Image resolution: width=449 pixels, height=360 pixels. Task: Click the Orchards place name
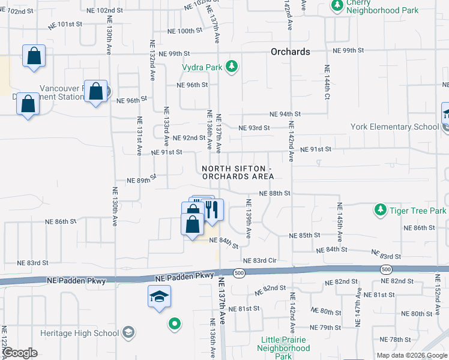[291, 52]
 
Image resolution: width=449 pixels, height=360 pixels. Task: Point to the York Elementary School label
[396, 127]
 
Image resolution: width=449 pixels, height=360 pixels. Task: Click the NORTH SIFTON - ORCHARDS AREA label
[238, 173]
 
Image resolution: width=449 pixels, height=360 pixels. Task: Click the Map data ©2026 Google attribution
[411, 355]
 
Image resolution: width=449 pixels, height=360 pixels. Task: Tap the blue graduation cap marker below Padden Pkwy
[160, 296]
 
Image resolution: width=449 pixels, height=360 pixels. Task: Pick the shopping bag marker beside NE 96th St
[95, 92]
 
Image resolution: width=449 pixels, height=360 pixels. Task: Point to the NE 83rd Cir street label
[259, 260]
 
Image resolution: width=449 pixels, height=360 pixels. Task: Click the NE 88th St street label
[275, 193]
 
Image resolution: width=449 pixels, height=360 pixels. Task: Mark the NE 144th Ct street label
[327, 85]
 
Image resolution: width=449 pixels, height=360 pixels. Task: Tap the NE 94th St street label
[285, 114]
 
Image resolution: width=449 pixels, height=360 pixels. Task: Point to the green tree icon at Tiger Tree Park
[380, 210]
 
